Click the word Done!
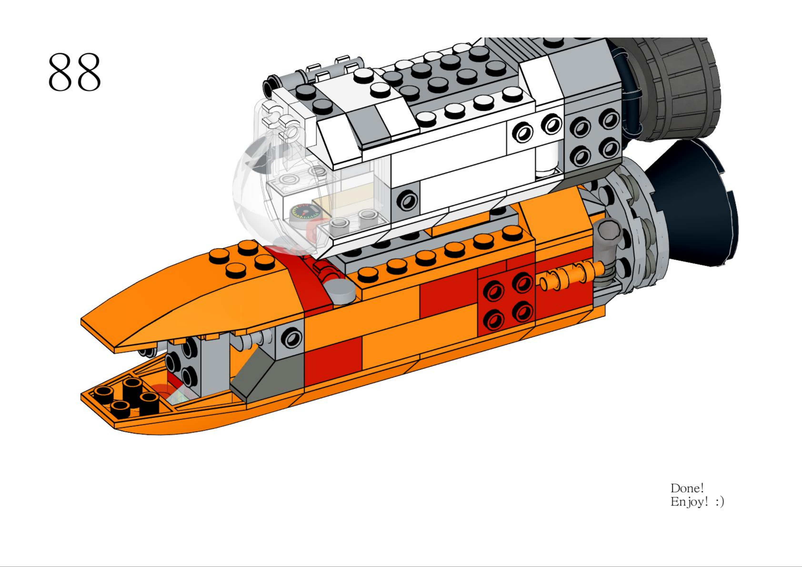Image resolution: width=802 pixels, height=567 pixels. (687, 488)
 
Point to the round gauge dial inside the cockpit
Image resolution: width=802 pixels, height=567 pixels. (302, 212)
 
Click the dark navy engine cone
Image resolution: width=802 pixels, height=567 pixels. (693, 203)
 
